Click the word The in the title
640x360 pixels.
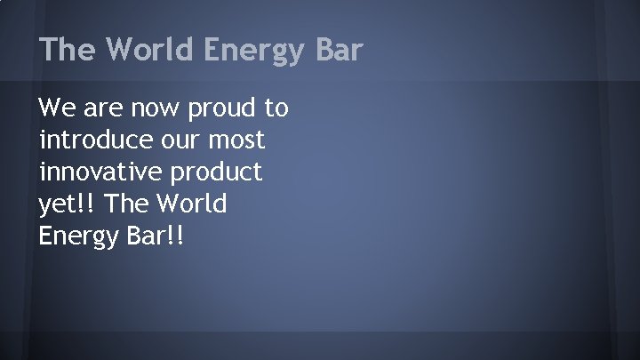pos(68,50)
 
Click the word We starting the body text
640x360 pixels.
pos(56,108)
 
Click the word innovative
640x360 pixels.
pos(98,172)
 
